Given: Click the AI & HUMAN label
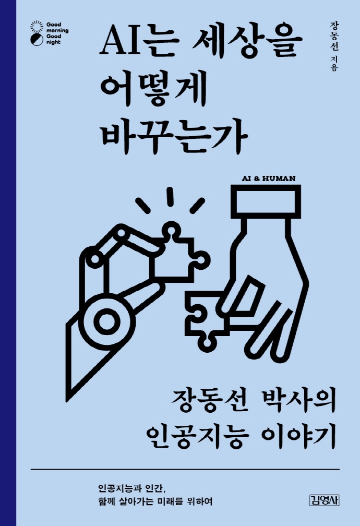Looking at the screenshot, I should [x=269, y=177].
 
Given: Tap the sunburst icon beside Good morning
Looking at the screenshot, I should [x=36, y=25].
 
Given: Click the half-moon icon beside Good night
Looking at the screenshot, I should [x=36, y=37].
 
